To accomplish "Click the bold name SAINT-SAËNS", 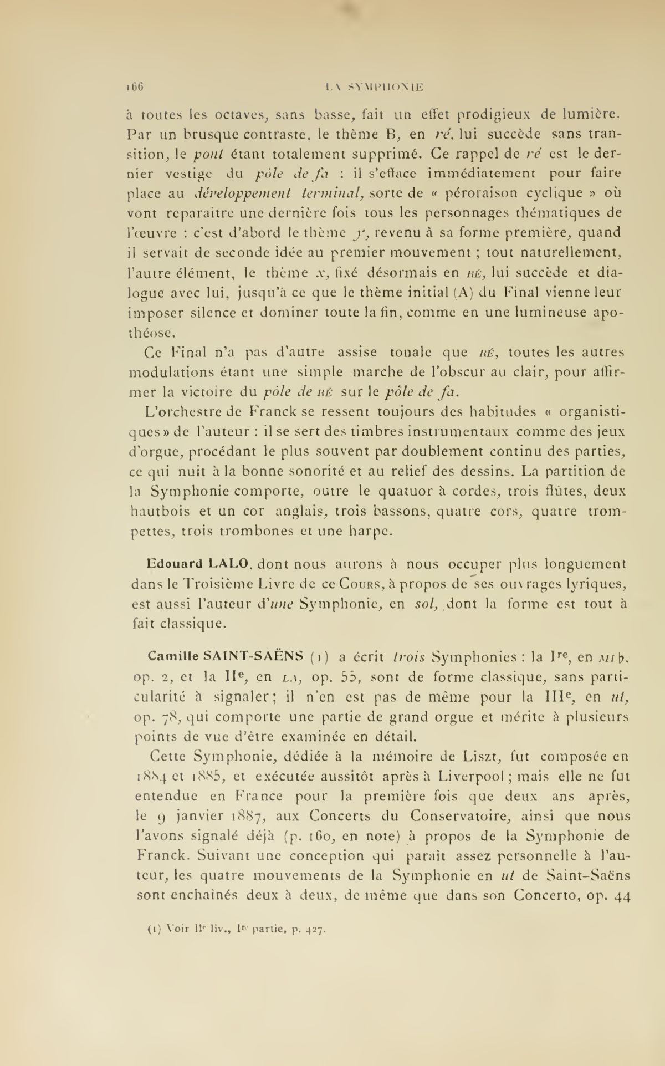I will [253, 656].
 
